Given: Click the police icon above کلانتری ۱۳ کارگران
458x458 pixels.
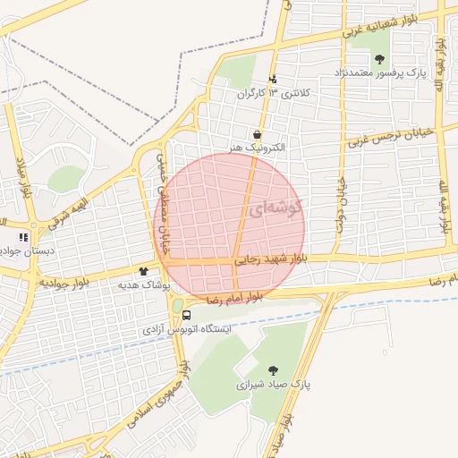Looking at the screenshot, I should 274,79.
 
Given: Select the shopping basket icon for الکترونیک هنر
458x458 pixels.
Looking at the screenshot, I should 256,133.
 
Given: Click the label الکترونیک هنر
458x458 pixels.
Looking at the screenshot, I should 256,147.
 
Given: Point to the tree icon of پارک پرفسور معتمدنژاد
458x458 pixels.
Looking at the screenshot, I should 379,59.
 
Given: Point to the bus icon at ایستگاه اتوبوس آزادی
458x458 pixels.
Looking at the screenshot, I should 186,315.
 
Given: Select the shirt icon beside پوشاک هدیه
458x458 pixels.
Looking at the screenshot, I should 143,270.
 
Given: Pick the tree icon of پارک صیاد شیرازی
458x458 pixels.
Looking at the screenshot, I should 272,369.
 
